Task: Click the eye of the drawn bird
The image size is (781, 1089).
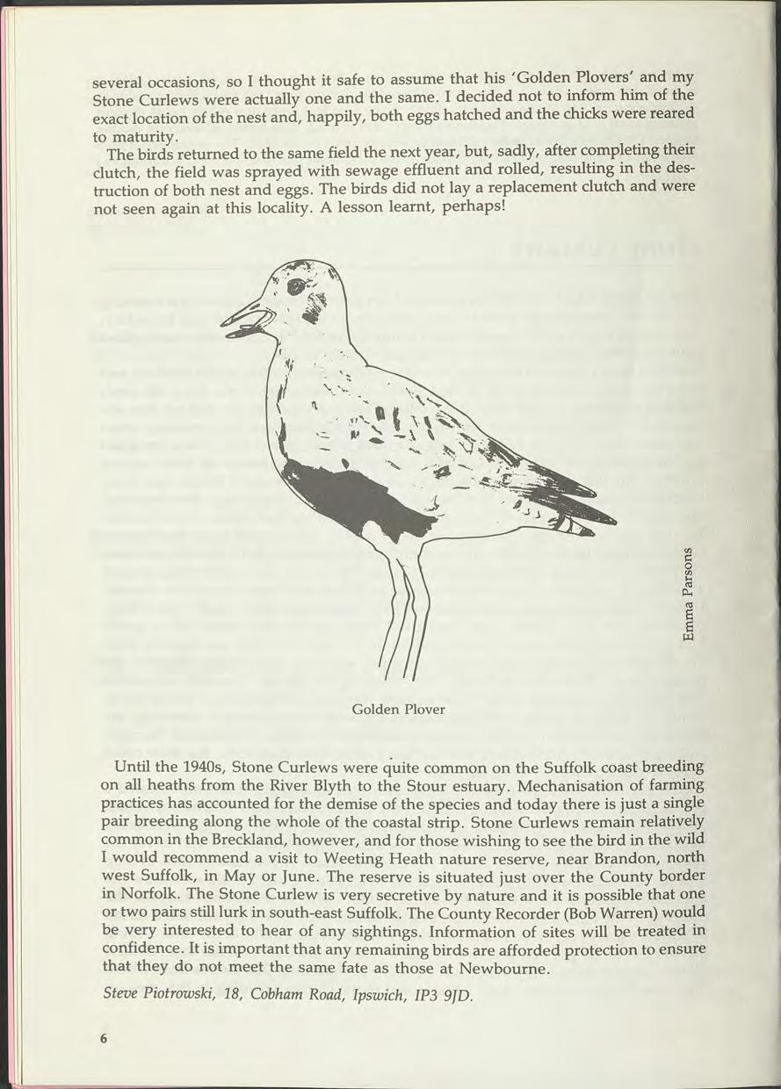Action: coord(296,286)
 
